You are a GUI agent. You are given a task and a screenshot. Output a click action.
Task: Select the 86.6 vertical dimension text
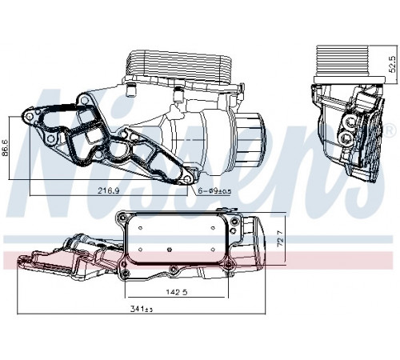[6, 147]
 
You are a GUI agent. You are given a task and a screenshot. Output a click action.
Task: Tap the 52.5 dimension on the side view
[392, 64]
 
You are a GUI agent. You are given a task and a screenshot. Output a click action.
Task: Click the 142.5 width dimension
[176, 292]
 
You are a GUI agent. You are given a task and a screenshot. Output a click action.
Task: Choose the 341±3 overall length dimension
[142, 309]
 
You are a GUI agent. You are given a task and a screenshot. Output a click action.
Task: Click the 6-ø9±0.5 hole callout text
[214, 191]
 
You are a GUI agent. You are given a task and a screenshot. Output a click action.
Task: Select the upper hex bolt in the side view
[350, 123]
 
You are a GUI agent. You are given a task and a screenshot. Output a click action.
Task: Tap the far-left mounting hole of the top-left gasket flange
[30, 117]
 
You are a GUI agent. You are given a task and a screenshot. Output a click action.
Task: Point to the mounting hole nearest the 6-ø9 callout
[188, 179]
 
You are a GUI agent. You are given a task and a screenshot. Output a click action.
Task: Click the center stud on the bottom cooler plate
[169, 250]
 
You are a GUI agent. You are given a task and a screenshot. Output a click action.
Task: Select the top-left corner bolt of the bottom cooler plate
[122, 218]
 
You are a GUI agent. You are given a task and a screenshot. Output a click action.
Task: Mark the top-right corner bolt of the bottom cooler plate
[234, 221]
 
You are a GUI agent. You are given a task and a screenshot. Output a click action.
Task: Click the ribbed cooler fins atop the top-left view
[181, 65]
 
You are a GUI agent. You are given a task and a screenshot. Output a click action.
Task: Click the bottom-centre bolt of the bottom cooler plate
[174, 269]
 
